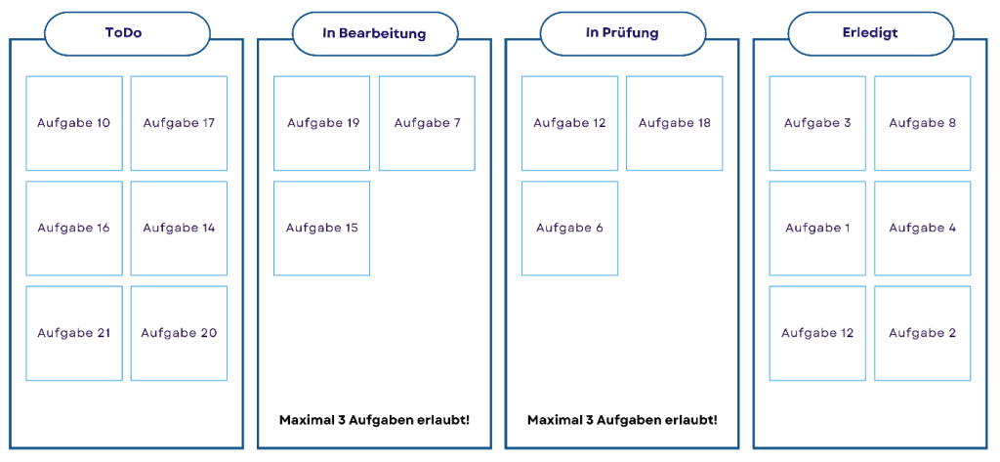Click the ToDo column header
tap(127, 33)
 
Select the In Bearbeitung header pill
tap(374, 33)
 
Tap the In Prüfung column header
tap(622, 33)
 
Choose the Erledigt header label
tap(870, 33)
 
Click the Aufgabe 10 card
tap(74, 123)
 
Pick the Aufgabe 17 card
tap(179, 123)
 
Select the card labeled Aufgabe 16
tap(74, 228)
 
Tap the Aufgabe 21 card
tap(74, 333)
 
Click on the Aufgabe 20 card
tap(179, 333)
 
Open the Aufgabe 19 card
tap(322, 123)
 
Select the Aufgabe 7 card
tap(427, 123)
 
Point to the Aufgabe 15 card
tap(322, 228)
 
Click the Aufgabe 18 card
tap(675, 123)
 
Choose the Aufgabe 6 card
tap(569, 228)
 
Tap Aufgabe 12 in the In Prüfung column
tap(569, 123)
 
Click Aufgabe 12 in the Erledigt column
tap(817, 333)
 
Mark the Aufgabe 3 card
tap(817, 123)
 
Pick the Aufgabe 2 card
tap(923, 333)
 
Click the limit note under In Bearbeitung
tap(374, 420)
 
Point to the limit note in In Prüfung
tap(622, 420)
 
